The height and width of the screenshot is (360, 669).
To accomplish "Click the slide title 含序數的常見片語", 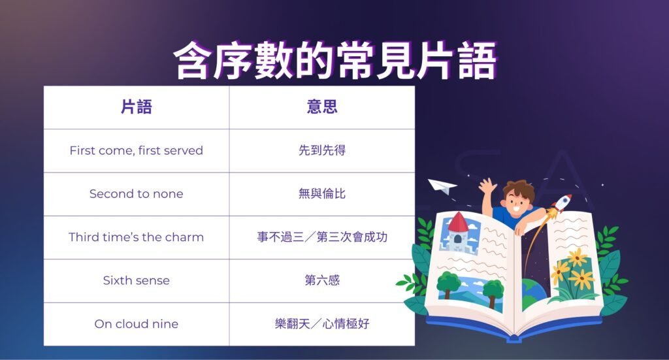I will coord(334,61).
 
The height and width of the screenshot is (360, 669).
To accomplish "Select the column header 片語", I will coord(136,107).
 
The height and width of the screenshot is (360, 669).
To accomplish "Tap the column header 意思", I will coord(322,107).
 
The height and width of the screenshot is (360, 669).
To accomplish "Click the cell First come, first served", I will coord(136,150).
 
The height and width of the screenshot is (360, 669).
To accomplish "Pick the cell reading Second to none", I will coord(136,194).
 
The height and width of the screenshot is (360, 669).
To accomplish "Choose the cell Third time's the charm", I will coord(136,237).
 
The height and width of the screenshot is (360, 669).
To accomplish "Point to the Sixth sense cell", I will coord(136,281).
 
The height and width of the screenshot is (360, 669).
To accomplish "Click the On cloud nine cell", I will coord(136,324).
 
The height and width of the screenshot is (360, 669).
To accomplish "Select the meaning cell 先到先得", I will coord(322,150).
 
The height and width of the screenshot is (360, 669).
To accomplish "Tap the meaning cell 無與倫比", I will coord(322,194).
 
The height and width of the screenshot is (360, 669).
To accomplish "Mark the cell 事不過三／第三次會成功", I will coord(322,237).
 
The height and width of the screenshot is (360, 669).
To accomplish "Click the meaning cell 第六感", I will coord(322,281).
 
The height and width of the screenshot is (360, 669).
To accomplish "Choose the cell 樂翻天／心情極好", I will coord(322,324).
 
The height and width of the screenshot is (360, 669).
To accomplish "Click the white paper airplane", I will coord(442,187).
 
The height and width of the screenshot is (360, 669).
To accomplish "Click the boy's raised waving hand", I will coord(487,188).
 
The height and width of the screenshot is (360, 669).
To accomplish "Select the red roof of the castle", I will coord(458,222).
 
